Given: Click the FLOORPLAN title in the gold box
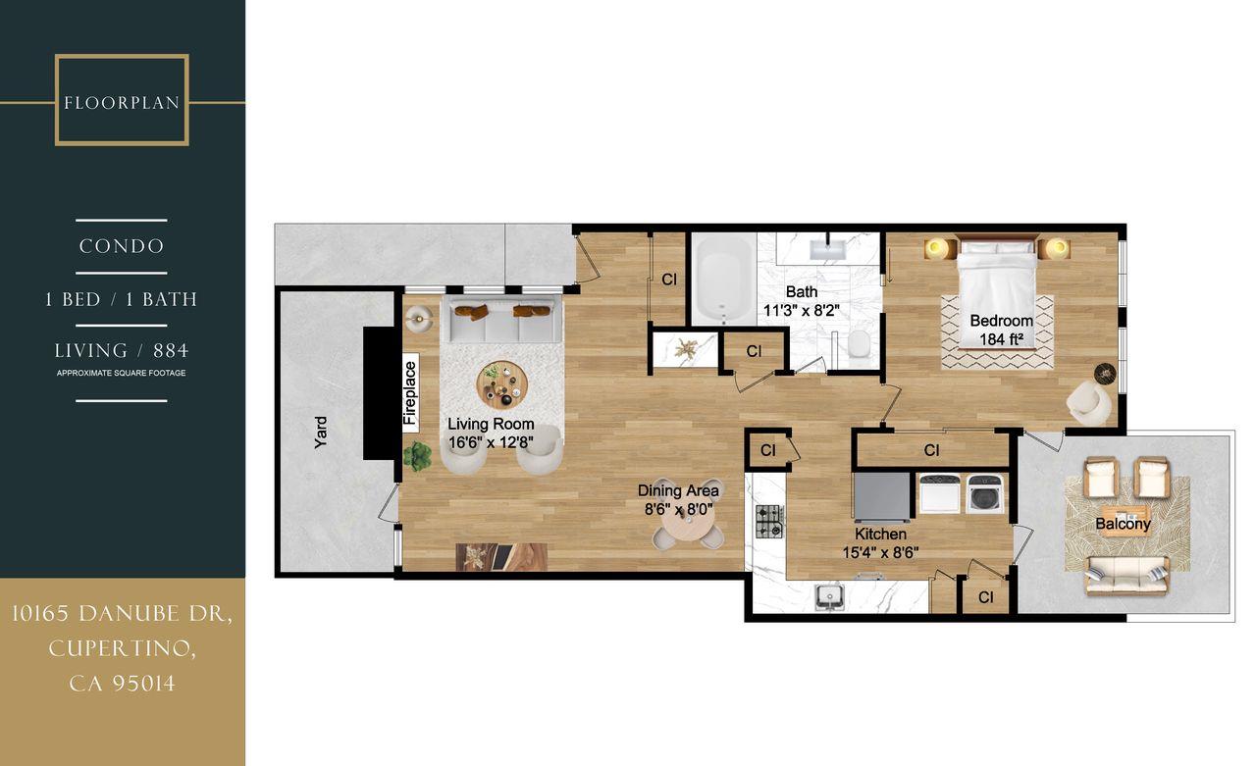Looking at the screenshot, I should tap(122, 103).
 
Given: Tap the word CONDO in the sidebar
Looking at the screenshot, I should tap(122, 246).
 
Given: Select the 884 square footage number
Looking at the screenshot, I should tap(171, 350).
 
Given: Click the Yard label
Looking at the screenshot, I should tap(321, 433).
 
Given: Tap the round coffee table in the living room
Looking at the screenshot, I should tap(501, 384).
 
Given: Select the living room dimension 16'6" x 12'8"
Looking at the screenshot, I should tap(491, 442).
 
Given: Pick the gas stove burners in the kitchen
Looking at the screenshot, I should tap(769, 521).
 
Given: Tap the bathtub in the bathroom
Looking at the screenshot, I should tap(724, 278).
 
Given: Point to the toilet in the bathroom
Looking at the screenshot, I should tap(859, 344).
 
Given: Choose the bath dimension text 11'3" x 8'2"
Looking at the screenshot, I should tap(801, 311).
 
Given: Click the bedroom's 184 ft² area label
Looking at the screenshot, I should tap(1001, 339).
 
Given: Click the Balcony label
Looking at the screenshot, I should tap(1123, 524).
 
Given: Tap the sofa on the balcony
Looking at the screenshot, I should tap(1126, 575).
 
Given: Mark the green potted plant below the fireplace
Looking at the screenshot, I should tap(418, 456).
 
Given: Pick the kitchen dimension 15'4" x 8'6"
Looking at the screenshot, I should tap(880, 552).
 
